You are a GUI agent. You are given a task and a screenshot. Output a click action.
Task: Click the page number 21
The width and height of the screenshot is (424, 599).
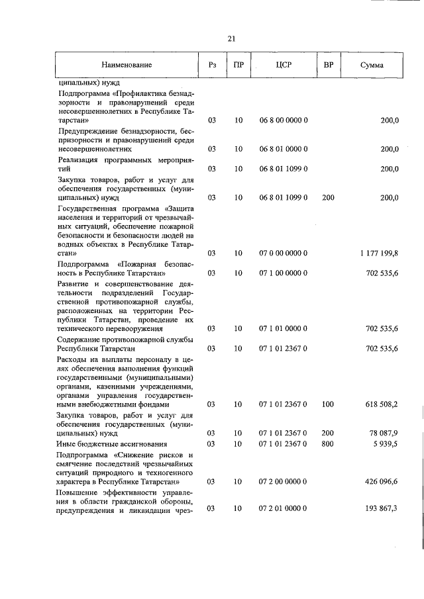click(x=232, y=38)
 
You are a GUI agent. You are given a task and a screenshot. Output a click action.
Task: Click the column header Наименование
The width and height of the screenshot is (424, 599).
click(x=127, y=65)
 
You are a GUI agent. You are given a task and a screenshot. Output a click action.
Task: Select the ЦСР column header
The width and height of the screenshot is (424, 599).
click(x=284, y=65)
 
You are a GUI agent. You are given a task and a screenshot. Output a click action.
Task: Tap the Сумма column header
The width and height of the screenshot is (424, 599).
click(x=372, y=65)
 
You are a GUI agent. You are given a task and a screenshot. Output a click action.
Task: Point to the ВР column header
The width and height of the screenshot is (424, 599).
click(x=327, y=65)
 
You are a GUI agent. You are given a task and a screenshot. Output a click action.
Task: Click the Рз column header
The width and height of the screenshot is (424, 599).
click(x=212, y=65)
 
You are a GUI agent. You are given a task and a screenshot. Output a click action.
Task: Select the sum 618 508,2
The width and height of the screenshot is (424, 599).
click(x=381, y=404)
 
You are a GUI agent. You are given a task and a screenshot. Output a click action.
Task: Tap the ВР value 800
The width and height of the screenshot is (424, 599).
click(x=327, y=443)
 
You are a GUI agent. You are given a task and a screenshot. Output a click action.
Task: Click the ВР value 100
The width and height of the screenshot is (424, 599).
click(x=327, y=404)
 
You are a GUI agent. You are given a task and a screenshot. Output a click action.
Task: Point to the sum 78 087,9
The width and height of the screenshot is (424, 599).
click(x=383, y=433)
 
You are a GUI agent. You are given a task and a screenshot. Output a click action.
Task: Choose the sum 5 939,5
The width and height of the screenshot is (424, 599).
click(x=384, y=443)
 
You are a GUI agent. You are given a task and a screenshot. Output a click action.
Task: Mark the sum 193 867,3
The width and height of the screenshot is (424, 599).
click(x=381, y=508)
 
